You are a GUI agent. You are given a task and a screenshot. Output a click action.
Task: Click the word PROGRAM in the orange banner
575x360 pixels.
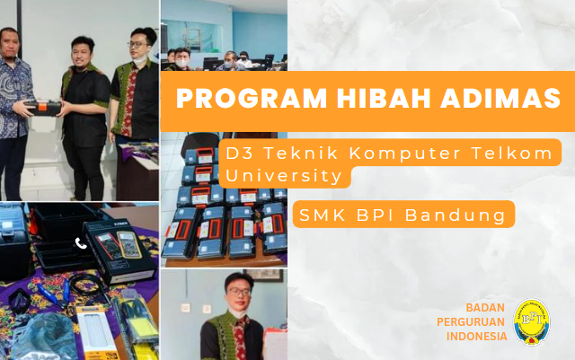click(x=252, y=98)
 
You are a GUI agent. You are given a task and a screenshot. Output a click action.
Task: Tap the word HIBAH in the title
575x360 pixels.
click(x=384, y=98)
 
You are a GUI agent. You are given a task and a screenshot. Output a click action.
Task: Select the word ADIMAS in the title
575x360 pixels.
click(x=500, y=98)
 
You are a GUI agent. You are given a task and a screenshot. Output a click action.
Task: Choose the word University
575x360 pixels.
click(x=284, y=176)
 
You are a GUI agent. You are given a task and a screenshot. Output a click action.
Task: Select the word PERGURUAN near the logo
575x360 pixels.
click(x=471, y=322)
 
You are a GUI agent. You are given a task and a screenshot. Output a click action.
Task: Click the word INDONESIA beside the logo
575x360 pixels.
click(x=477, y=336)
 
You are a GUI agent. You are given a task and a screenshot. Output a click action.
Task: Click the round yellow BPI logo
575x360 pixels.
click(x=532, y=321)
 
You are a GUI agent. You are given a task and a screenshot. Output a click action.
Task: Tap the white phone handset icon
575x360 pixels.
click(x=81, y=243)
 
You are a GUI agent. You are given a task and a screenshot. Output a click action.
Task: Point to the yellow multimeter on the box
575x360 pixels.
click(x=129, y=245)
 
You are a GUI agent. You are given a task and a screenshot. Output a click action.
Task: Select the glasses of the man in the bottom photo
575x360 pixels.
click(x=239, y=292)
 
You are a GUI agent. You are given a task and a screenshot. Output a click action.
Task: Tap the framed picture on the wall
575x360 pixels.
click(x=263, y=276)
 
